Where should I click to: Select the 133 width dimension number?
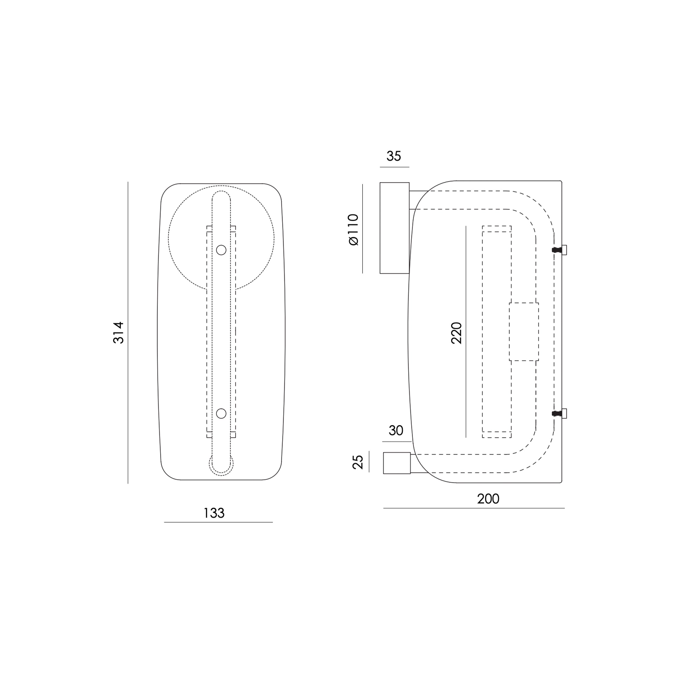point(214,513)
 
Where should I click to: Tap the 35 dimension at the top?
point(394,156)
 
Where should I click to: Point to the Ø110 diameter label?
point(354,229)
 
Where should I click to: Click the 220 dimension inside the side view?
point(456,333)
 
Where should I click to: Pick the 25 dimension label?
point(358,462)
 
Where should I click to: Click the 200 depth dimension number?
point(488,499)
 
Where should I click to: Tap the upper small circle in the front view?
point(221,250)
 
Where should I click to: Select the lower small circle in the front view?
point(221,413)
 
